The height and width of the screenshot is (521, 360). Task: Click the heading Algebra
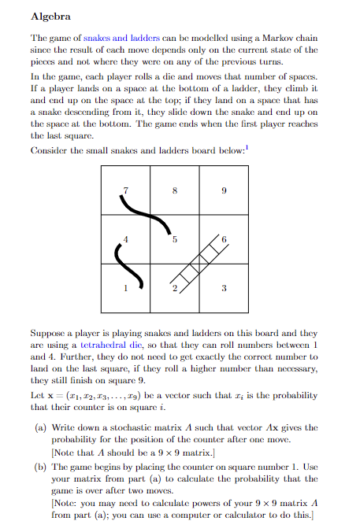click(50, 16)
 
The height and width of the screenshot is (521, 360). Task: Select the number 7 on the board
click(124, 191)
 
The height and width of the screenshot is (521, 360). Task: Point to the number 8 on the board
click(174, 191)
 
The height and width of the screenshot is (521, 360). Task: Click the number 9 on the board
click(224, 191)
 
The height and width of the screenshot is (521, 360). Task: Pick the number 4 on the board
click(124, 239)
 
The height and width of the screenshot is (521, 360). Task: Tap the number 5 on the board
click(174, 239)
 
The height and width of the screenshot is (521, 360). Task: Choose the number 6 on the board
click(224, 239)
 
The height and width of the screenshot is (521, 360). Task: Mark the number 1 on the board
click(124, 289)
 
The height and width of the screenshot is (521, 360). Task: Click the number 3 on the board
click(224, 289)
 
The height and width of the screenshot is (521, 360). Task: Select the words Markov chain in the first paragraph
click(296, 37)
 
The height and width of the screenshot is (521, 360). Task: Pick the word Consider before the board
click(48, 150)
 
